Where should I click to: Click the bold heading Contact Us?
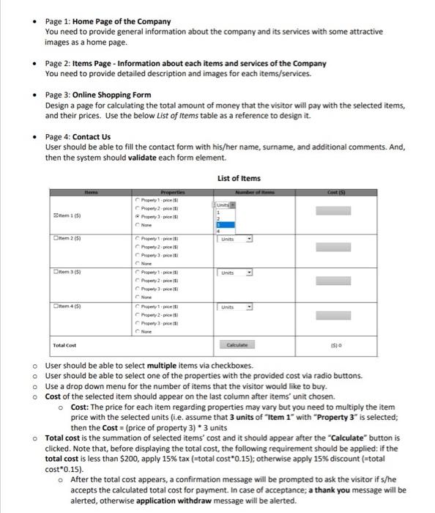pos(92,136)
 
